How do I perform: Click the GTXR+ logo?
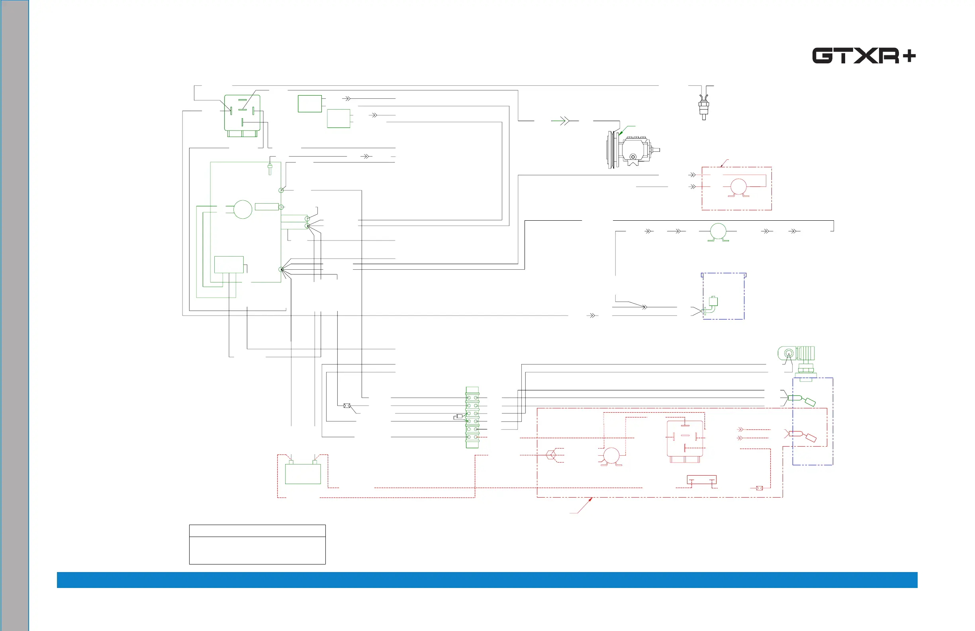863,56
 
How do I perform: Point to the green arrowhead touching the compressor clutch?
621,133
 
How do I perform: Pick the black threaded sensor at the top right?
703,106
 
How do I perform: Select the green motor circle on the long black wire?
718,231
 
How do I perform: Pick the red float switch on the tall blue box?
803,435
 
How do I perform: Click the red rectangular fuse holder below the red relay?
701,480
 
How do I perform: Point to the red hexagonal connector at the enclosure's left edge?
551,455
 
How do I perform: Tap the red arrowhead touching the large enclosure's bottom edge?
590,500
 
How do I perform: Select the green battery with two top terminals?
303,473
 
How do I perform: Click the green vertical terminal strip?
472,417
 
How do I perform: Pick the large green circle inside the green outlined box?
243,210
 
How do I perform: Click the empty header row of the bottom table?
257,531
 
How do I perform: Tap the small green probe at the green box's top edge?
270,169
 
